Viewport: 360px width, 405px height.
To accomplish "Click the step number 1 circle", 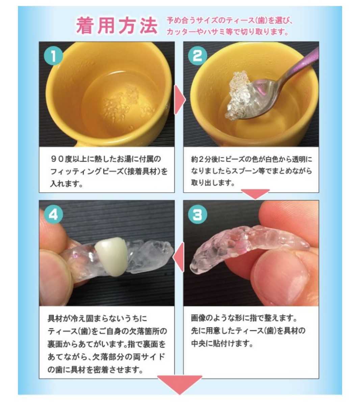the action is tap(53, 56).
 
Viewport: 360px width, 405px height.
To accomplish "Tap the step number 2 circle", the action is tap(198, 56).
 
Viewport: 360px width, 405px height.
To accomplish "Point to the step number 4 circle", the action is tap(53, 215).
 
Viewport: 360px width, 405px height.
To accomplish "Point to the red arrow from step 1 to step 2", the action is tap(180, 100).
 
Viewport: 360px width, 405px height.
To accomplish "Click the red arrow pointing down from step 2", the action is tap(255, 193).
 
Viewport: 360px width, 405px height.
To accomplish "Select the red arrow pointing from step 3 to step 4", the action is tap(179, 257).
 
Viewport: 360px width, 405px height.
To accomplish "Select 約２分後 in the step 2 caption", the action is tap(204, 159).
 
